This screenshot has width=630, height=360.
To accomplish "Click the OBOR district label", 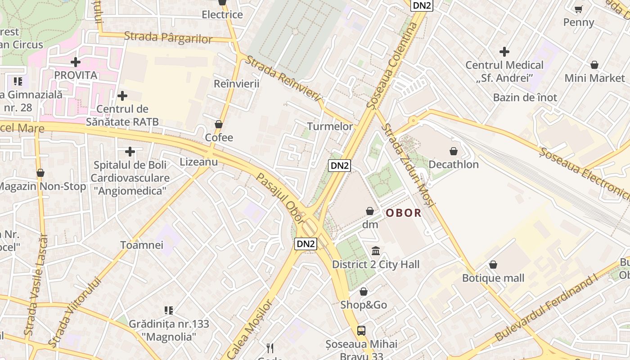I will [404, 213].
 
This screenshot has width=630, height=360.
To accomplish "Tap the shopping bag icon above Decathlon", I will [454, 151].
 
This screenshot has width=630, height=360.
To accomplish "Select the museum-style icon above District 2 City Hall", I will [376, 251].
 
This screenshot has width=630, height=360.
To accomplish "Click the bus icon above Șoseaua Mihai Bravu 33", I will [361, 331].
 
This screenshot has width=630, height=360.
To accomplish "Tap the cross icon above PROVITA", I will [76, 62].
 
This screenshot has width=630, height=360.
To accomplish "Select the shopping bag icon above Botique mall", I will [493, 265].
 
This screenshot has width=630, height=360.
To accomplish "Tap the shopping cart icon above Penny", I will [579, 9].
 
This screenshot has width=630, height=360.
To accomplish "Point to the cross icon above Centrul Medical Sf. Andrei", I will [504, 52].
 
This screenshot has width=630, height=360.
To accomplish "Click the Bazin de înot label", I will [525, 97].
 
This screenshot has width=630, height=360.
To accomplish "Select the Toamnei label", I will [142, 245].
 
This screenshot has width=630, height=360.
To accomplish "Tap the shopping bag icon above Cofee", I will [219, 124].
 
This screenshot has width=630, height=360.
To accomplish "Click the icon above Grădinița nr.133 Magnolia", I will [169, 310].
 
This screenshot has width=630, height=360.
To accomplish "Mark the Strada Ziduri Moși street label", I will [408, 166].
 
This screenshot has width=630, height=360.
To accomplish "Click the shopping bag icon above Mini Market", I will [594, 65].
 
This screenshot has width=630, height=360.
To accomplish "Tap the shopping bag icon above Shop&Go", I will [364, 292].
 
